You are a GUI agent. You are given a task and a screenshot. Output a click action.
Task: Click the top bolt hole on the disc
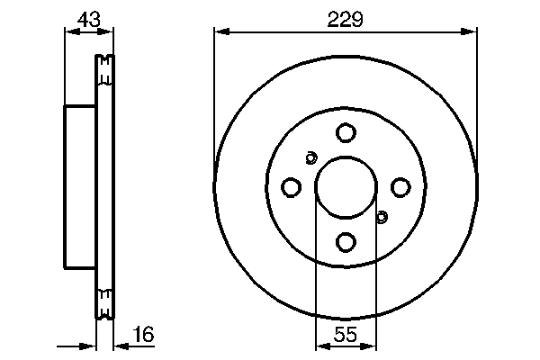click(x=346, y=132)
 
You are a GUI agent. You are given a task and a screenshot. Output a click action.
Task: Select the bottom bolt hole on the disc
click(x=346, y=241)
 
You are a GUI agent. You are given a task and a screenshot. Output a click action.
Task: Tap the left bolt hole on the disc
click(x=291, y=187)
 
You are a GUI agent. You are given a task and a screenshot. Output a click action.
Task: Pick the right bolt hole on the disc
click(x=400, y=187)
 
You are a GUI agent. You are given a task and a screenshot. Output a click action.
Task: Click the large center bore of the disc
click(x=346, y=187)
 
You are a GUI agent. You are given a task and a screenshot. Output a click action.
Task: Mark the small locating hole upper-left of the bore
click(x=310, y=158)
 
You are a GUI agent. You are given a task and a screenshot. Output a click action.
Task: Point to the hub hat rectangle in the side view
click(x=79, y=187)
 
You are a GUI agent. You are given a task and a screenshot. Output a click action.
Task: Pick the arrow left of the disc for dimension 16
click(x=88, y=346)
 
